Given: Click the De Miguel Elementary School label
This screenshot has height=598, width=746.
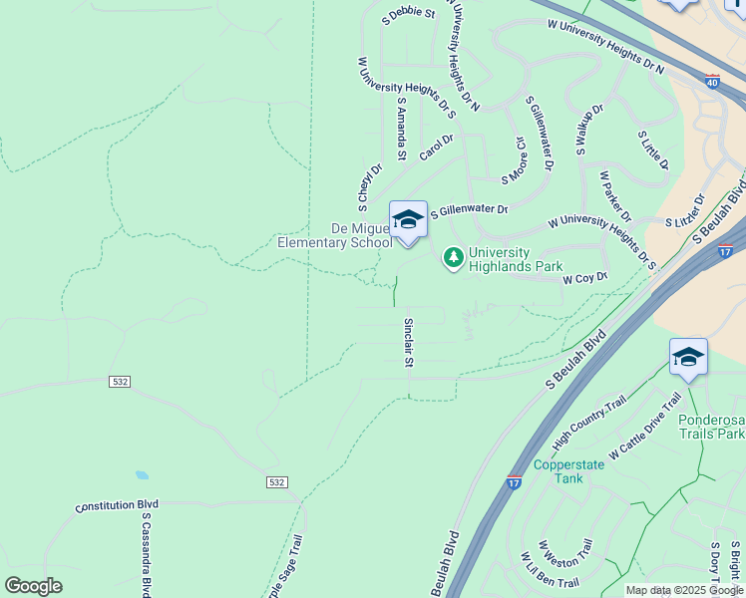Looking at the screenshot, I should (334, 235).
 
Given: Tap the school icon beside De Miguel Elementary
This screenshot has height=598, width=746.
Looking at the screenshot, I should (407, 219).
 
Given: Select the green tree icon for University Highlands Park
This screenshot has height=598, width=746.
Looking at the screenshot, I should (454, 259).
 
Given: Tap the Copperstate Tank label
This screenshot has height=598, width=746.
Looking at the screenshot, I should (570, 471).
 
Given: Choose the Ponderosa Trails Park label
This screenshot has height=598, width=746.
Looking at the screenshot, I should (712, 427).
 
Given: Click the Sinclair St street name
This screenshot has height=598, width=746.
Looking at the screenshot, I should (408, 343).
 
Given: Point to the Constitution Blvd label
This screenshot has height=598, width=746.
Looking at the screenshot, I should (118, 506).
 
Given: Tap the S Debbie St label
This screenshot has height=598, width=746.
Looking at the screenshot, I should (409, 14).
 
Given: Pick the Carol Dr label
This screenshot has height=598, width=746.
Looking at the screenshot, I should (436, 148).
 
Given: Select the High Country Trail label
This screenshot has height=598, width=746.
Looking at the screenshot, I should (589, 420).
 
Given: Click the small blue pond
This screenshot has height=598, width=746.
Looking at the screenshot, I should (142, 476).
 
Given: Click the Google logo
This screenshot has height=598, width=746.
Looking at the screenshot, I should (33, 585).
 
